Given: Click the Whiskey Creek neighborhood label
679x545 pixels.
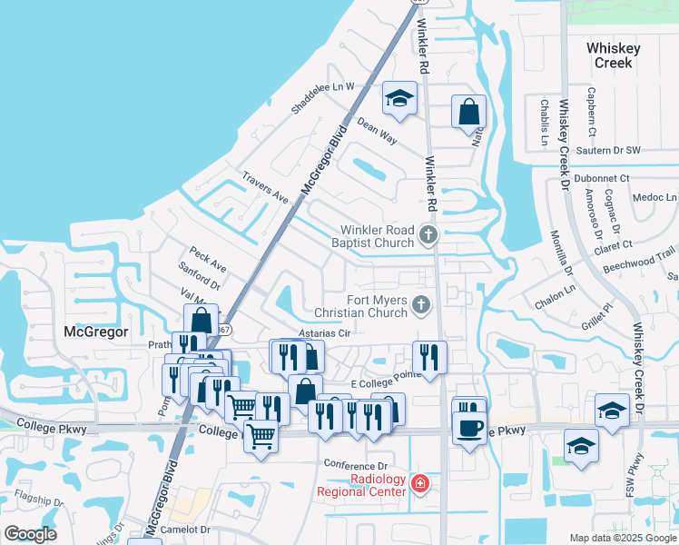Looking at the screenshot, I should [x=613, y=55].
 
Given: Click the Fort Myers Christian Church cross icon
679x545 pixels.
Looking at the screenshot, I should [x=420, y=305].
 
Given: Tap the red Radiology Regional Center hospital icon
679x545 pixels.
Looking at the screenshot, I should [x=419, y=483].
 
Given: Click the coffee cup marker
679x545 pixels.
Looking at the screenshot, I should [x=468, y=428].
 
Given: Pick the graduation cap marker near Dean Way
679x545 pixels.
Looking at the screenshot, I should [x=399, y=99].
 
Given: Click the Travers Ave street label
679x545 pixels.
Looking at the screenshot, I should [x=264, y=185].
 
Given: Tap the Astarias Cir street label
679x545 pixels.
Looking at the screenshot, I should [x=325, y=333].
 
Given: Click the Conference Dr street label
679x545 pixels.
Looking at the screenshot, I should [x=357, y=465].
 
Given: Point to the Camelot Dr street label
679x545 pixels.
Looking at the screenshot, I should [x=186, y=529].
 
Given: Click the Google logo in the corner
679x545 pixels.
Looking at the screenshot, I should [x=30, y=534].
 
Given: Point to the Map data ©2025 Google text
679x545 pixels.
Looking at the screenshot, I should [x=622, y=538].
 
